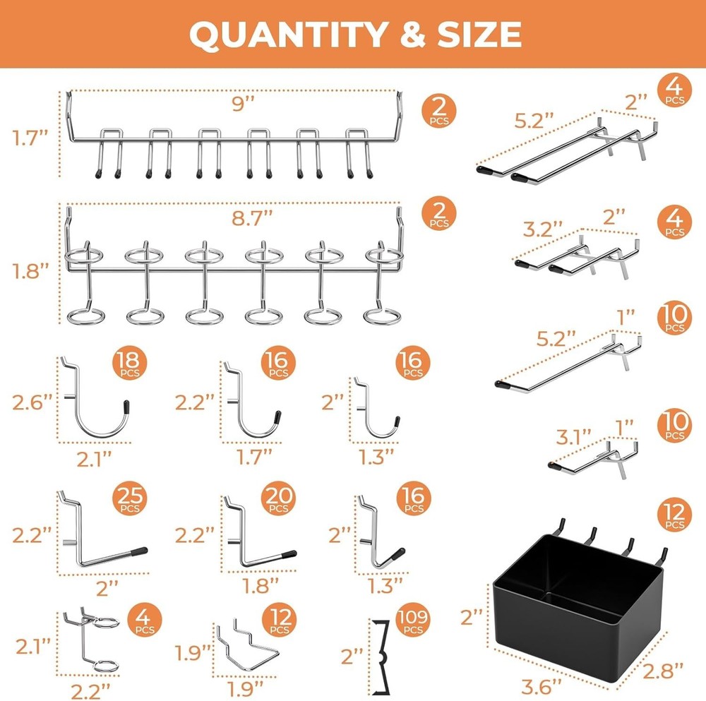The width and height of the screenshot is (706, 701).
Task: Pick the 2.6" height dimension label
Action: pyautogui.click(x=32, y=403)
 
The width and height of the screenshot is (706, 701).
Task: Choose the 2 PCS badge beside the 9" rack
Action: pyautogui.click(x=439, y=112)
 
